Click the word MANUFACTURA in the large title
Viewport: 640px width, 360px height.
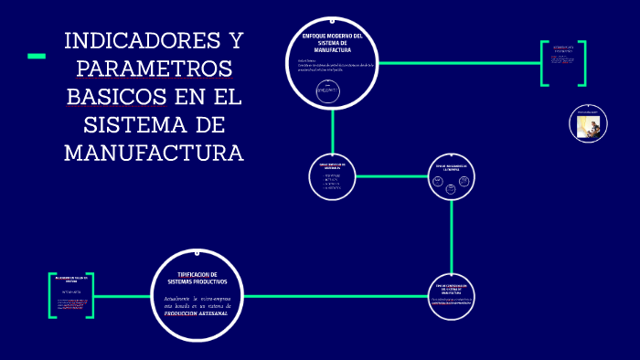tap(154, 152)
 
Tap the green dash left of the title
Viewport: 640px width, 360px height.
tap(37, 57)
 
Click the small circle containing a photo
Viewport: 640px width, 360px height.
tap(588, 124)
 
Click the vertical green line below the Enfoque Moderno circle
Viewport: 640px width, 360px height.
tap(333, 127)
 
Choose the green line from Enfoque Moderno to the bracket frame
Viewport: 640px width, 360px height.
tap(457, 63)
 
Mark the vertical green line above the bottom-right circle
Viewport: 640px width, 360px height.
tap(453, 238)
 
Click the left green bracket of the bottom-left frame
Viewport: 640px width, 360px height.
tap(51, 295)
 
